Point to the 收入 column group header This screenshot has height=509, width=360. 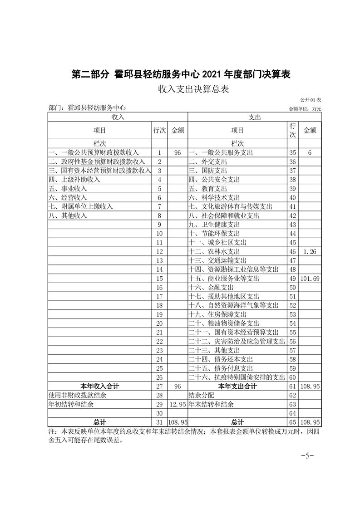118,117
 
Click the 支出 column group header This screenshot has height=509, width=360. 254,117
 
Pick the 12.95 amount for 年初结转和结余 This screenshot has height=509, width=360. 177,404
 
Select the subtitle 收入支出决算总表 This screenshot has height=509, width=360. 180,88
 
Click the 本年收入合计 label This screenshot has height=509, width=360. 100,386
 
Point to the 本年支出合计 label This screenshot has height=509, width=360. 237,386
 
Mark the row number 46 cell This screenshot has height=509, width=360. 292,251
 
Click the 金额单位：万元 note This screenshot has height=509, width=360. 305,109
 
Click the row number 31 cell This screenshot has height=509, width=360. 159,422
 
